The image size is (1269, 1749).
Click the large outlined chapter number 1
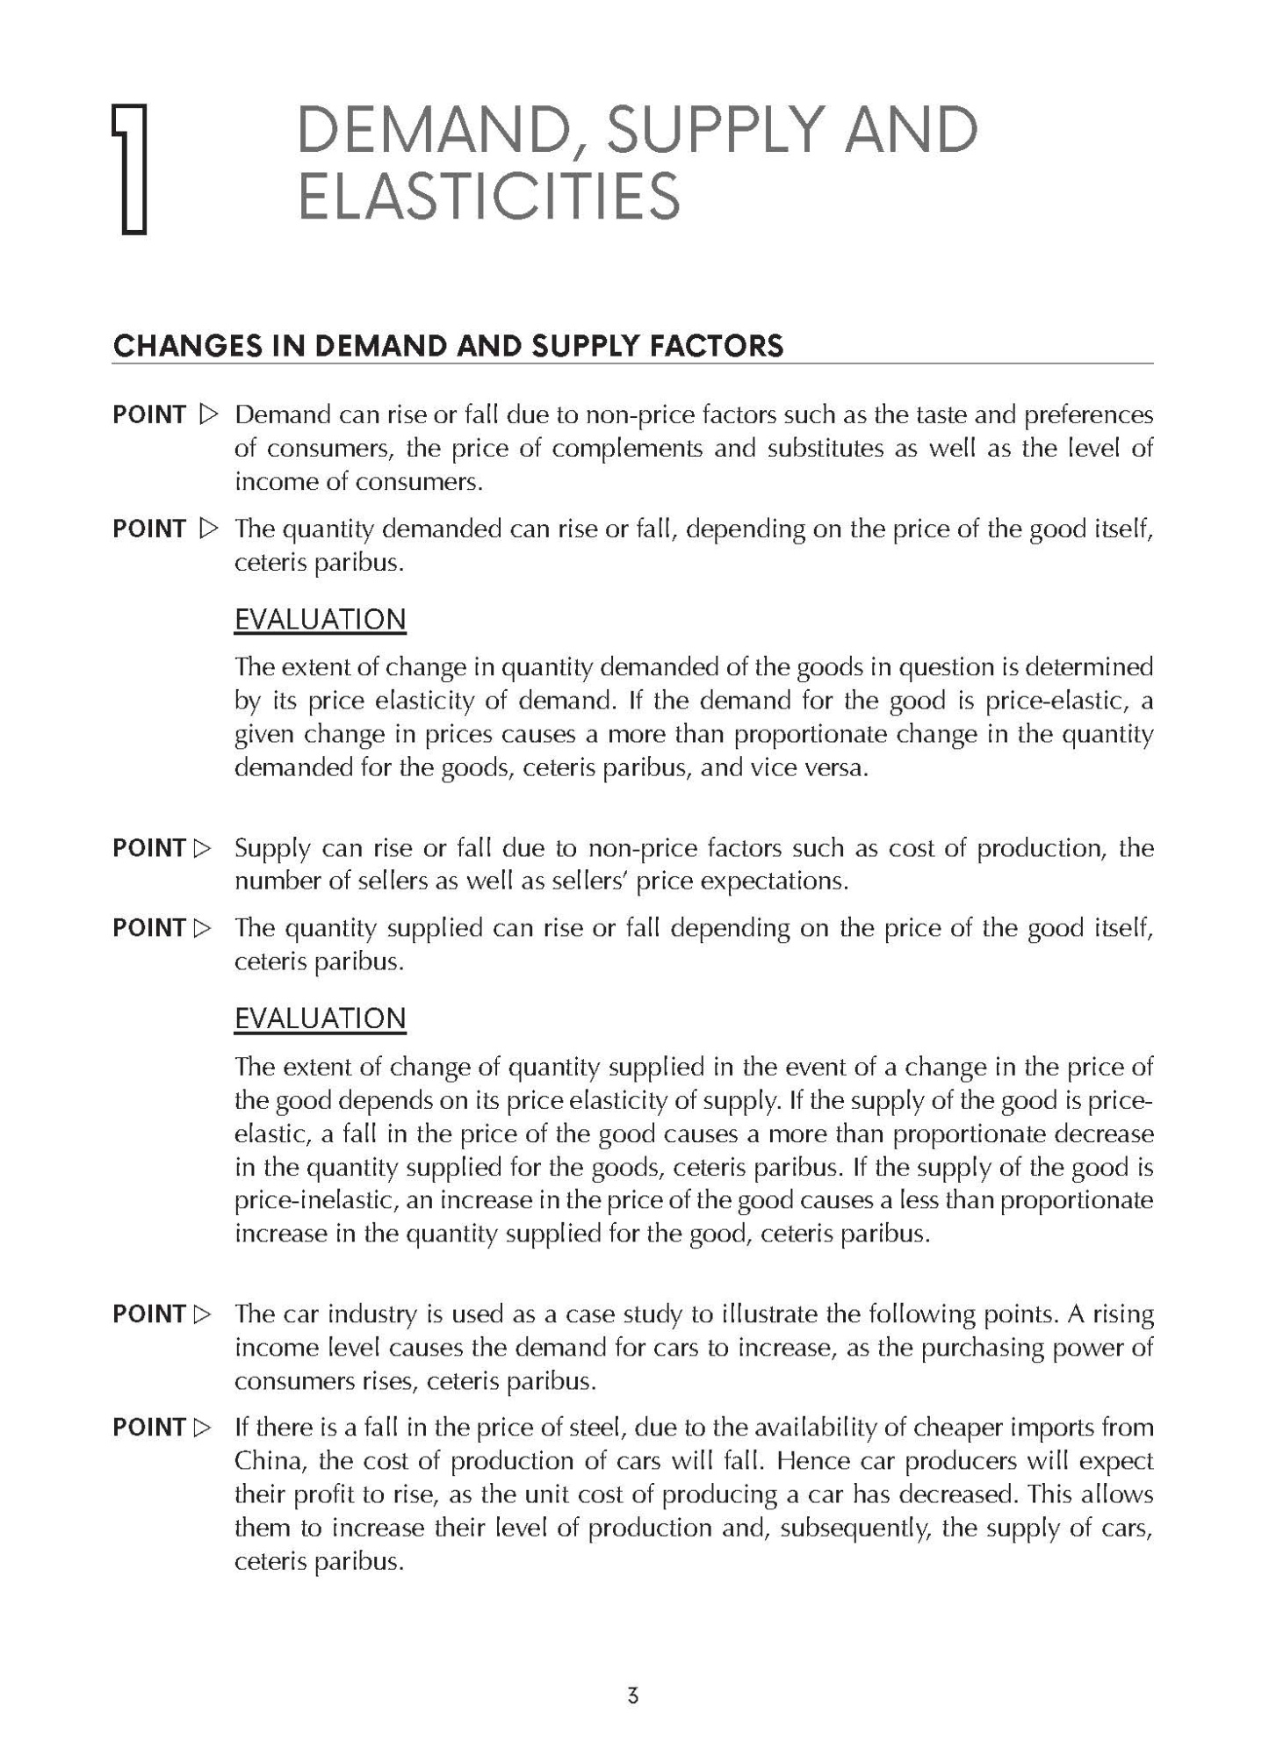[129, 169]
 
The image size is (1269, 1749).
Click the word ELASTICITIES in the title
[489, 196]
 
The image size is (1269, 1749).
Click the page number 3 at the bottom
[633, 1695]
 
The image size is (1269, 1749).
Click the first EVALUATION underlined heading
[320, 620]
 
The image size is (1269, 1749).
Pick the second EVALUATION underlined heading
[320, 1018]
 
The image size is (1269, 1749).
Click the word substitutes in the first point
[825, 449]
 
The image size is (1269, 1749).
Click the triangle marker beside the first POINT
[207, 414]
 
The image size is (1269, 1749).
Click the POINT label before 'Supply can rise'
[148, 849]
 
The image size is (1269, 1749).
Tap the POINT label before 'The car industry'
[148, 1314]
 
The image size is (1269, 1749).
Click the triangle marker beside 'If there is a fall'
[203, 1429]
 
